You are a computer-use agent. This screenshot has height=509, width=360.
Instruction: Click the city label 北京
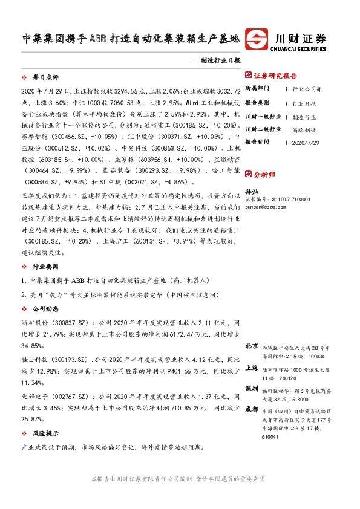[x=252, y=346]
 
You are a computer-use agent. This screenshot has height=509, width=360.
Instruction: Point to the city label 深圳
[x=252, y=387]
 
